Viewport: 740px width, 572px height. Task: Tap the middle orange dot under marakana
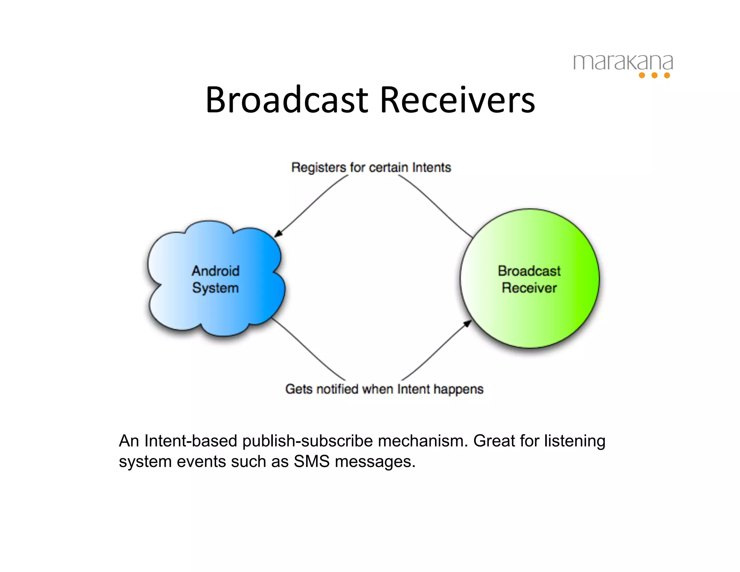[x=654, y=75]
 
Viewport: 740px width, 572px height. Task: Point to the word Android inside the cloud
[x=215, y=271]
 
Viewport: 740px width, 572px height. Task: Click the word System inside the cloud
[x=215, y=288]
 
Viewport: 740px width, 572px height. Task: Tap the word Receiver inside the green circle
[x=529, y=288]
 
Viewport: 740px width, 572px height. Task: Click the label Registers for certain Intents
[x=371, y=167]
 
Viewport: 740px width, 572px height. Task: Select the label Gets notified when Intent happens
[x=384, y=389]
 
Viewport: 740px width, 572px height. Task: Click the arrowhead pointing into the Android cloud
[x=278, y=234]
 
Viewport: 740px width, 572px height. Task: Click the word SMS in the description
[x=311, y=462]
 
